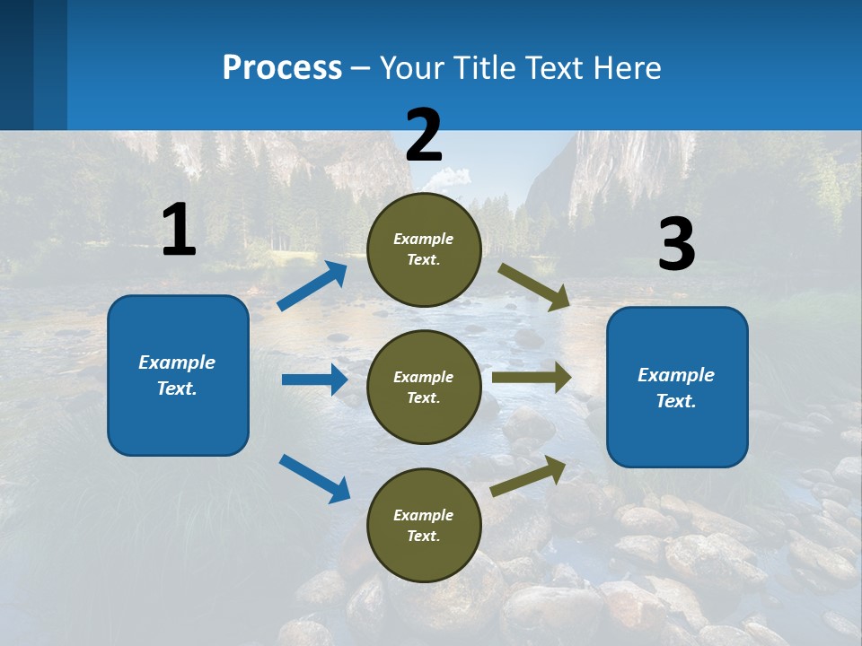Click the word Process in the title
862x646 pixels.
(x=282, y=67)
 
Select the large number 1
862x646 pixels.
(x=179, y=230)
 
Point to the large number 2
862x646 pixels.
(x=424, y=135)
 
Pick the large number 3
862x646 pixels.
(x=676, y=244)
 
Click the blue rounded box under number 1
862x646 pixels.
(x=178, y=375)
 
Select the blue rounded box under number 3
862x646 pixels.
(x=677, y=387)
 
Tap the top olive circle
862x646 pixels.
(x=424, y=249)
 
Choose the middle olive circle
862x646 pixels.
(x=424, y=387)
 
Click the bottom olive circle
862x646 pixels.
(x=424, y=525)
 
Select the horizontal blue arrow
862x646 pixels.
(x=314, y=380)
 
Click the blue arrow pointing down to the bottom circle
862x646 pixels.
(x=314, y=478)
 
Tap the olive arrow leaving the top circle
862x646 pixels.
(x=534, y=286)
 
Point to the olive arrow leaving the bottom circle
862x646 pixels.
(x=528, y=476)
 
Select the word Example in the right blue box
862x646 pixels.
(x=676, y=375)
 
